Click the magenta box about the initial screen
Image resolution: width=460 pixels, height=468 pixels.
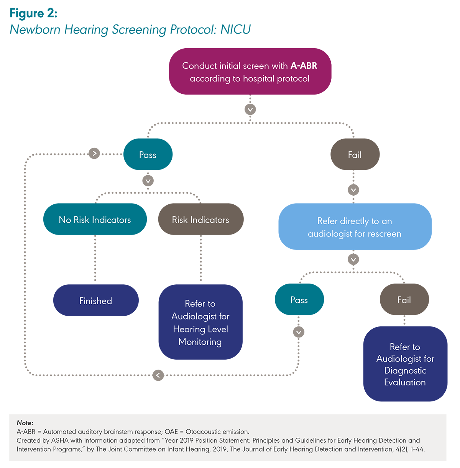point(250,72)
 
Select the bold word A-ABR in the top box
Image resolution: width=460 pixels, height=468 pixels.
point(304,66)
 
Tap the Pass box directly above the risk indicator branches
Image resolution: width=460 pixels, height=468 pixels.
point(148,155)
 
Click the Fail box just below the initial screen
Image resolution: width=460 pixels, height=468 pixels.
point(355,155)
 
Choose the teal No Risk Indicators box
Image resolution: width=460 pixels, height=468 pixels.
point(95,219)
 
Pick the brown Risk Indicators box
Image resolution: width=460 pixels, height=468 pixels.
point(201,219)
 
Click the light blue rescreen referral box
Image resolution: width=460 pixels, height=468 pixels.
point(355,227)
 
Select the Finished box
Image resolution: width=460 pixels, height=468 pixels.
point(96,300)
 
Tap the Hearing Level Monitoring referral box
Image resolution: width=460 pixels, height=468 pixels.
point(200,322)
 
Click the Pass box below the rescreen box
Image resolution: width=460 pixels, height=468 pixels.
point(299,300)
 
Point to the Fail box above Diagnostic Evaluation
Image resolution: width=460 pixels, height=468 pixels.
point(404,300)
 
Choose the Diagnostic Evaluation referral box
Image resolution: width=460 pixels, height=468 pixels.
point(405,364)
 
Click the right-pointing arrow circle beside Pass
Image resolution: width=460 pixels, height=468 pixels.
point(94,153)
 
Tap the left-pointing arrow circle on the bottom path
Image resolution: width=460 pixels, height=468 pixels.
point(158,375)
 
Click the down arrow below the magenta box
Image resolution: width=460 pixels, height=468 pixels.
point(250,109)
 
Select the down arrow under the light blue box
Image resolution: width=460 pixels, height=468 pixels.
point(353,259)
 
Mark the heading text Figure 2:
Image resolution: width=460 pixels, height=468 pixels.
point(34,13)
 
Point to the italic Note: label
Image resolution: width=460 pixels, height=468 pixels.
point(25,423)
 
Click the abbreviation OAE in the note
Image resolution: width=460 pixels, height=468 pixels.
point(171,432)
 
